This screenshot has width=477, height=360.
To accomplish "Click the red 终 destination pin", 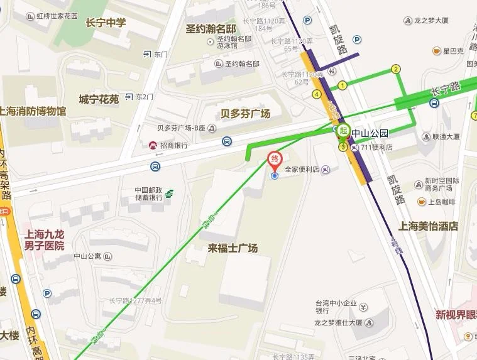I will [275, 160].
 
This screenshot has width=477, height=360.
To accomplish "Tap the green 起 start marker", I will [343, 131].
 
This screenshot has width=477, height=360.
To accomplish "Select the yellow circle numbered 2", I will [396, 69].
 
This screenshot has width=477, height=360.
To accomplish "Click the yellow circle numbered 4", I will [317, 95].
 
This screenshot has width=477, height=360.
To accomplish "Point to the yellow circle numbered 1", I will [343, 85].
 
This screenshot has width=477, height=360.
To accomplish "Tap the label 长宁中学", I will [106, 23].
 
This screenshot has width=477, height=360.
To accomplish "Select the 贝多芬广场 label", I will [245, 114].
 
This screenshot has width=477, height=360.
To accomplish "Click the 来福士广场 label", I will [233, 248].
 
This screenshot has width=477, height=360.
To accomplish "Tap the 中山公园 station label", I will [370, 133].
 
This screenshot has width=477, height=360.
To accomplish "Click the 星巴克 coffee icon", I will [437, 51].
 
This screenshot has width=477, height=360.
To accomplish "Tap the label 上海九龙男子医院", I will [44, 241].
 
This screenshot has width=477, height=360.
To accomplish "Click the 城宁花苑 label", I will [99, 99].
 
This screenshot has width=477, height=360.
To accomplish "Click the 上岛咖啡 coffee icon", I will [422, 202].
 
